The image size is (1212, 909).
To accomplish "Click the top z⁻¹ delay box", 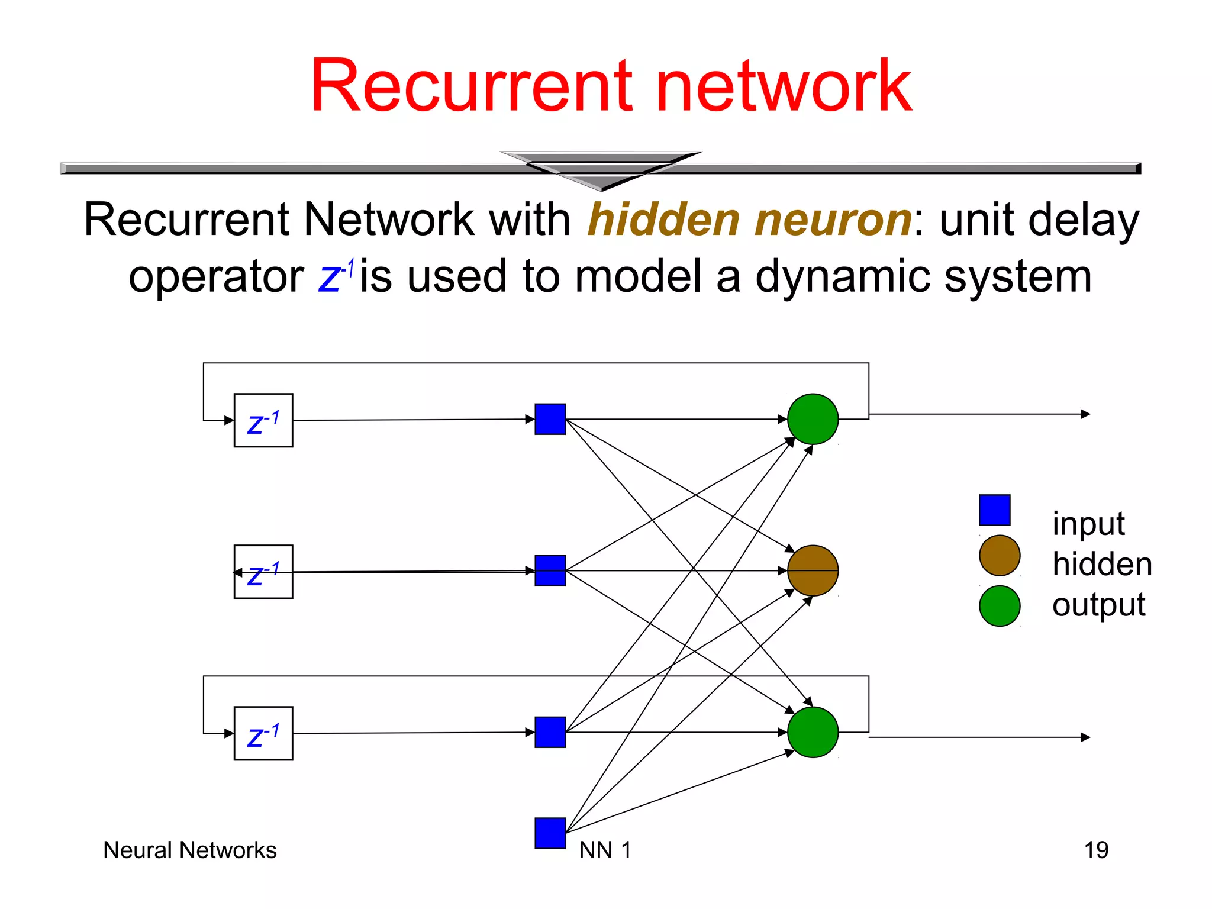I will pyautogui.click(x=263, y=420).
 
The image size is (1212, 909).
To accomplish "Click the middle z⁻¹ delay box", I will pyautogui.click(x=263, y=571).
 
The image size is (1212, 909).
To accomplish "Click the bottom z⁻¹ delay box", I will pyautogui.click(x=263, y=733).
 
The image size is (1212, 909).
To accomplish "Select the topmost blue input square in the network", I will pyautogui.click(x=550, y=419).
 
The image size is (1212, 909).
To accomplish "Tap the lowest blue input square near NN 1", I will pyautogui.click(x=550, y=833).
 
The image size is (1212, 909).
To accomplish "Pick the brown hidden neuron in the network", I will pyautogui.click(x=813, y=570).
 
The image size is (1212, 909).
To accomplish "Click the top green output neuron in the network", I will pyautogui.click(x=813, y=419).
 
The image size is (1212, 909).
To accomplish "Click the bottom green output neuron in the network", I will pyautogui.click(x=813, y=732).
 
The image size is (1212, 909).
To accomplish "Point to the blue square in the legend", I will pyautogui.click(x=994, y=510).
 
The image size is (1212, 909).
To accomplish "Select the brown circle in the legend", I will pyautogui.click(x=999, y=556).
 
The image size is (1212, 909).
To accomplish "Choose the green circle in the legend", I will pyautogui.click(x=999, y=606).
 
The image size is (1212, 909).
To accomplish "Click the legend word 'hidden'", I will pyautogui.click(x=1102, y=564).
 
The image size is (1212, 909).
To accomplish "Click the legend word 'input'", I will pyautogui.click(x=1088, y=524).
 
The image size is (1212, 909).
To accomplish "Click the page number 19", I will pyautogui.click(x=1095, y=850).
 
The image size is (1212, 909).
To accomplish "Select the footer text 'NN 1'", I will pyautogui.click(x=605, y=850).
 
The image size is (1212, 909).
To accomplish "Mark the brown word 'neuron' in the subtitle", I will pyautogui.click(x=833, y=220).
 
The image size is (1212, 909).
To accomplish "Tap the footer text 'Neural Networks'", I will pyautogui.click(x=189, y=850).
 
